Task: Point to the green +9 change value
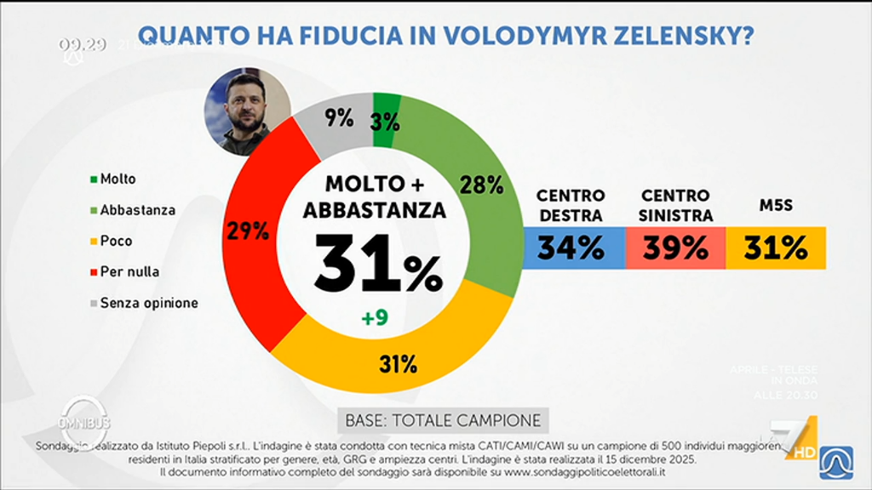click(375, 318)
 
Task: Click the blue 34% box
click(571, 248)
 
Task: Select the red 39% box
click(675, 248)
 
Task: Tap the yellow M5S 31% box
click(776, 248)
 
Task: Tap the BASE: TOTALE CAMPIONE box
click(443, 420)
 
